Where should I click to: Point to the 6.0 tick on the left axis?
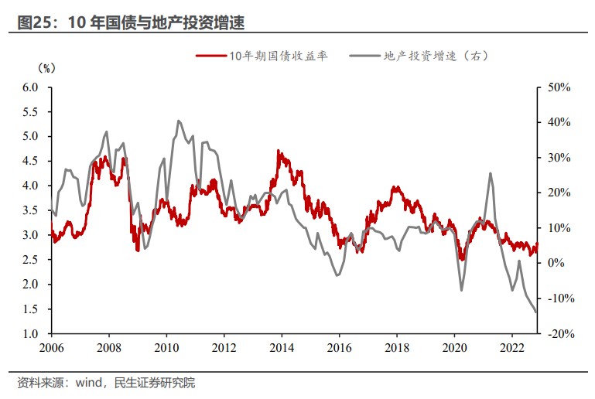[x=29, y=87]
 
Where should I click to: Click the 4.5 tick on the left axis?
[x=29, y=161]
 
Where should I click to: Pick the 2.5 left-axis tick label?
[x=29, y=260]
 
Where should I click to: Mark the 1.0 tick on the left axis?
[x=29, y=333]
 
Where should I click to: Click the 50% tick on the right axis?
[x=558, y=87]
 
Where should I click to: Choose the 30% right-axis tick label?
[x=558, y=158]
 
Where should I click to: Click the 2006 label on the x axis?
[x=51, y=348]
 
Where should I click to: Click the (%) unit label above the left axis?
[x=46, y=68]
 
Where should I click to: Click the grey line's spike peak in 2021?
[x=491, y=173]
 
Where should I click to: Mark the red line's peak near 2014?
[x=279, y=152]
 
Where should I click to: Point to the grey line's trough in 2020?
[x=462, y=290]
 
